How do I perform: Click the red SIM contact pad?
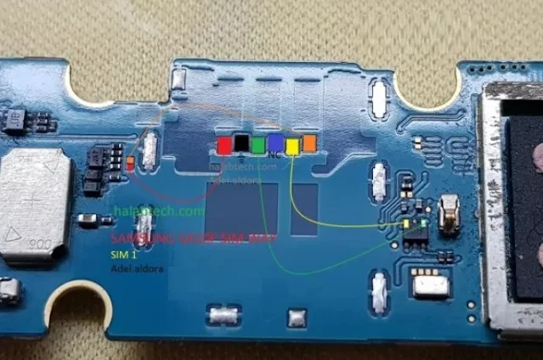coord(224,145)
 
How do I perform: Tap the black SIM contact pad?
coord(241,144)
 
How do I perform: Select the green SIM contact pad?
coord(258,145)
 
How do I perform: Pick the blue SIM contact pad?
coord(275,143)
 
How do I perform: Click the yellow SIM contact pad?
coord(292,146)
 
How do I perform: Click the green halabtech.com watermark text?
coord(157,211)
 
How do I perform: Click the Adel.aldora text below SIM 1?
coord(139,268)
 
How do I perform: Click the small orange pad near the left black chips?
coord(129,162)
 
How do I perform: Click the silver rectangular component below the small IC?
coord(429,284)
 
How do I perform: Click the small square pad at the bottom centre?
coord(296,318)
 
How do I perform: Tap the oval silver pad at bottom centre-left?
coord(223,317)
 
